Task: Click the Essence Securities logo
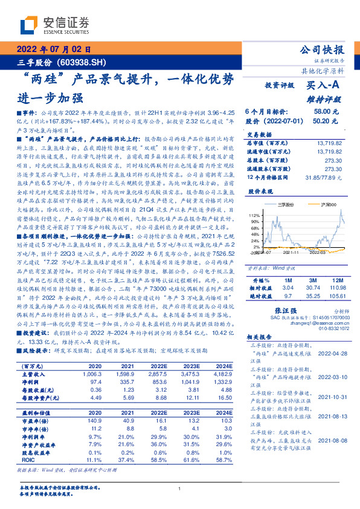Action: [54, 25]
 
